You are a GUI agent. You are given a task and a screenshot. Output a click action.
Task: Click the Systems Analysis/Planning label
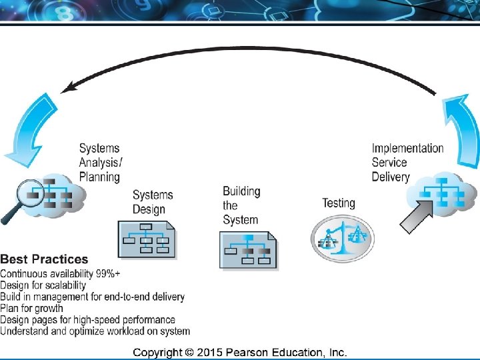tap(101, 163)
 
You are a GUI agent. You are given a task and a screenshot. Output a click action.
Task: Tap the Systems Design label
tap(153, 202)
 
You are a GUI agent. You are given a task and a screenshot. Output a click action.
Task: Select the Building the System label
tap(241, 206)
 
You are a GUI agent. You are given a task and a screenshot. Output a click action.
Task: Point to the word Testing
tap(339, 203)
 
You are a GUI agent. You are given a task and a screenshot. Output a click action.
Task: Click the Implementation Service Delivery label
tap(407, 163)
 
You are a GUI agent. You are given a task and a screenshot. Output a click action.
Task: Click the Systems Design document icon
tap(146, 238)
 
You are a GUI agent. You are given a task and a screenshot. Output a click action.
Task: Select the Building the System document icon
tap(249, 250)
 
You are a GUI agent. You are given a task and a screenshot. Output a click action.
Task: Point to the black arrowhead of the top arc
tap(67, 87)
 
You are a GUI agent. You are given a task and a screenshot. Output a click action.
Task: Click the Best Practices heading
tap(44, 259)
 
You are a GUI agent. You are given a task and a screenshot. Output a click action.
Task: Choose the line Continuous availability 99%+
tap(60, 274)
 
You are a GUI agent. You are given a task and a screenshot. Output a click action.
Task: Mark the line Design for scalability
tap(43, 285)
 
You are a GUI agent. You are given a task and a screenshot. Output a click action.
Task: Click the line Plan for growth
tap(32, 308)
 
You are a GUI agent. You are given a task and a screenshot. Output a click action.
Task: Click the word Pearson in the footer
tap(254, 352)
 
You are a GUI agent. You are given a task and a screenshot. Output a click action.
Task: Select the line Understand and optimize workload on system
tap(95, 331)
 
